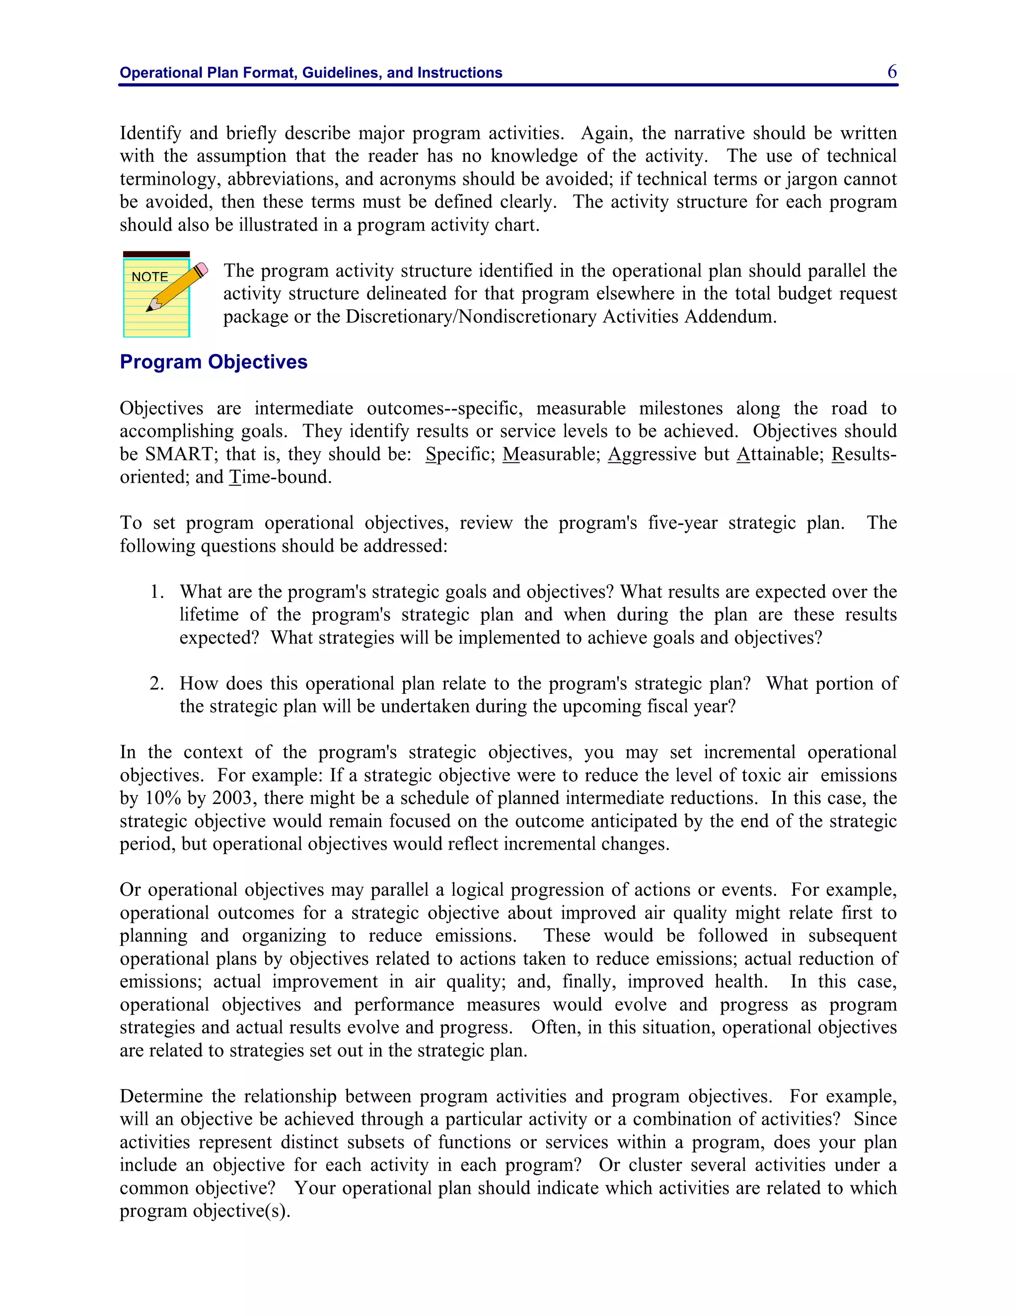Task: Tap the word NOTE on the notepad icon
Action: pyautogui.click(x=149, y=277)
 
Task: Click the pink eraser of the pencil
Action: pyautogui.click(x=203, y=269)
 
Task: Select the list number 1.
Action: pyautogui.click(x=156, y=592)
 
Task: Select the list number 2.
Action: pyautogui.click(x=156, y=683)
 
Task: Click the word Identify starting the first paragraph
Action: pyautogui.click(x=150, y=133)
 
